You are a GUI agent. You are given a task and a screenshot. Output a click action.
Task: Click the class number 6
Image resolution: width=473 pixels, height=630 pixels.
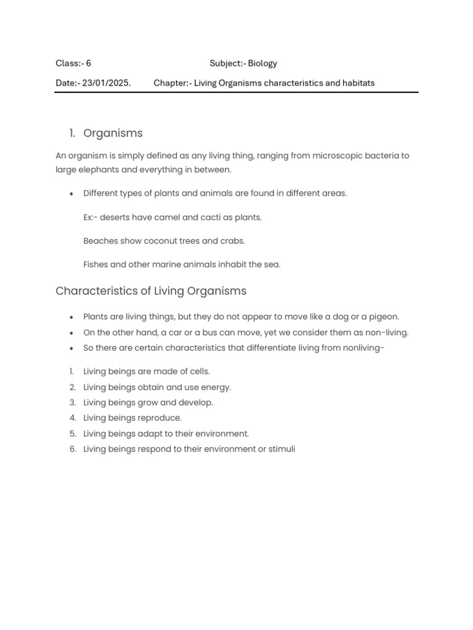click(x=89, y=63)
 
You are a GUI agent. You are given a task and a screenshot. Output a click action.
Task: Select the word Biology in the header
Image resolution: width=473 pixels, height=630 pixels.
click(x=262, y=63)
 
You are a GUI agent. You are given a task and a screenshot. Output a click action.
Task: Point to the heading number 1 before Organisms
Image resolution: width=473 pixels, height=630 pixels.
click(x=71, y=134)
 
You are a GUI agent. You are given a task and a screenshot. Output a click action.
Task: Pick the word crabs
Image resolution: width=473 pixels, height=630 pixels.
click(x=233, y=241)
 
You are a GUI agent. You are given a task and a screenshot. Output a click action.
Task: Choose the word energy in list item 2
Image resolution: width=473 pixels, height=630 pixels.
click(x=216, y=387)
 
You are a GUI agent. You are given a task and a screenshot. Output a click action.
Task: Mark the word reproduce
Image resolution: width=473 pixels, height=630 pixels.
click(x=161, y=418)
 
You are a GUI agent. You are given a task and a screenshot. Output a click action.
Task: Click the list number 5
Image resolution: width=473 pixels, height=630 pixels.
click(x=72, y=434)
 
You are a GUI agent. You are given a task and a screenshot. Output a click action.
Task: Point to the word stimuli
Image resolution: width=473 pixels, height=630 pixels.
click(x=281, y=449)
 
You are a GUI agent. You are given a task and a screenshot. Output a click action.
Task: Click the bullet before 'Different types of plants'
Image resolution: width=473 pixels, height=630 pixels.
click(x=72, y=194)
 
